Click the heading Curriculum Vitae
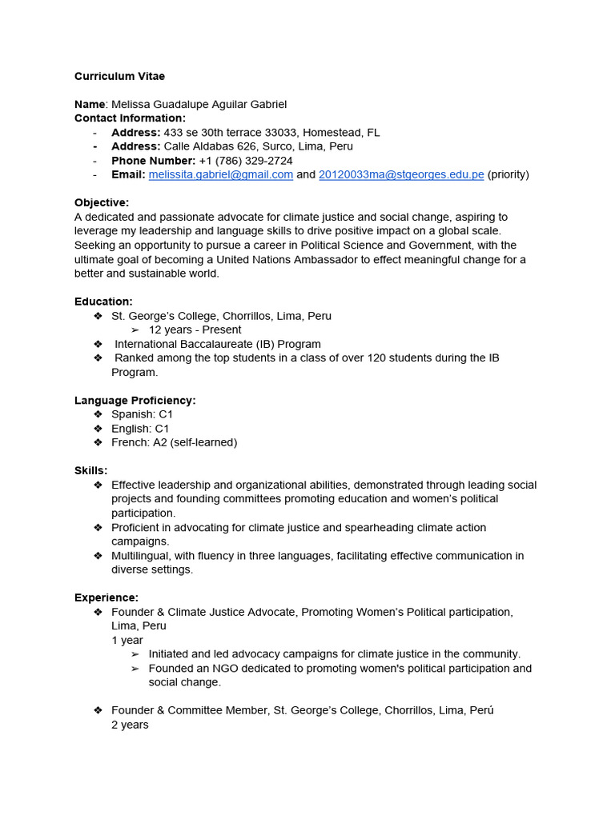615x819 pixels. [119, 76]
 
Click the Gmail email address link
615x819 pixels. [221, 174]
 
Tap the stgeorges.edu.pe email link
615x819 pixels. [401, 174]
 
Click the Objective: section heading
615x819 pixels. [102, 202]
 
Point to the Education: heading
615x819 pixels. [103, 302]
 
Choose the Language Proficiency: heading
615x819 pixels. [135, 400]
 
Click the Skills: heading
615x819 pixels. [90, 470]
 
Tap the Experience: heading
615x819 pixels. [107, 597]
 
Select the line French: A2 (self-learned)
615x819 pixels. [174, 442]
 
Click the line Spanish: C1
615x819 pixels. [142, 414]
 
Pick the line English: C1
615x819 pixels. [140, 429]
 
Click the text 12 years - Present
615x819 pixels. [195, 330]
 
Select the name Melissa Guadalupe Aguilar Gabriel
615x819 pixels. [198, 104]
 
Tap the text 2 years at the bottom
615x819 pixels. [130, 725]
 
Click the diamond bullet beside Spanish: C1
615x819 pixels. [98, 414]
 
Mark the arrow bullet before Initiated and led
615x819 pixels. [135, 654]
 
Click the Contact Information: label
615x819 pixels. [129, 118]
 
